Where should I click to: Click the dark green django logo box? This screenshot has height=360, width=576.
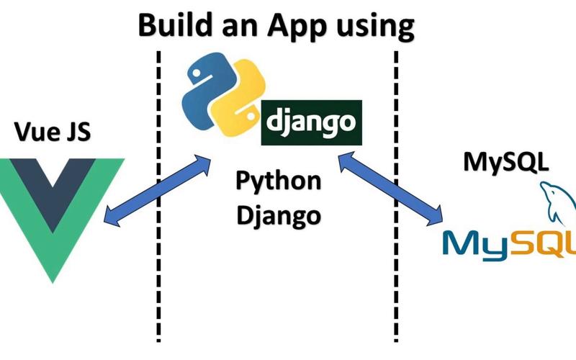pyautogui.click(x=310, y=122)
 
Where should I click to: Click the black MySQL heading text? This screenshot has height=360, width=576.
pyautogui.click(x=505, y=159)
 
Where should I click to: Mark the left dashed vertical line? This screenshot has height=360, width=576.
pyautogui.click(x=158, y=288)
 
